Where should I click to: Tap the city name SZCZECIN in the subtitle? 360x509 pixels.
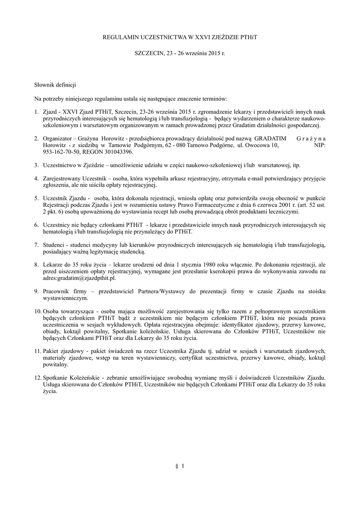pos(150,52)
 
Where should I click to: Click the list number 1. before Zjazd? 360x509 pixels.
pos(37,114)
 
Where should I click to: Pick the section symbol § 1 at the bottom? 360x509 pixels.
pos(180,466)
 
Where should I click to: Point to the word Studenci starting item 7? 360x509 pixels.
pos(55,245)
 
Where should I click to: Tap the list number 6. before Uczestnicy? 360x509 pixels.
pos(37,225)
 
